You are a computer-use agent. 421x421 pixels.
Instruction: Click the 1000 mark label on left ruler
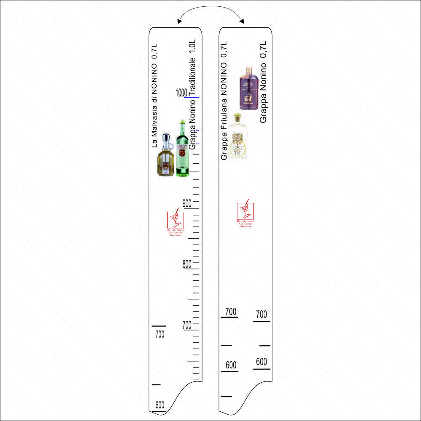181,92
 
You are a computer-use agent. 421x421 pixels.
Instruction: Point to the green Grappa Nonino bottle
181,149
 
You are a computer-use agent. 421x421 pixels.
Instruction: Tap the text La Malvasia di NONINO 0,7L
155,95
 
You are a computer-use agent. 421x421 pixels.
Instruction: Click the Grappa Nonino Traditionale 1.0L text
193,94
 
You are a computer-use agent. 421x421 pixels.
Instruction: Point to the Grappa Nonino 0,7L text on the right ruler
264,82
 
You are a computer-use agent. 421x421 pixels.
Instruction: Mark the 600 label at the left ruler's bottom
160,405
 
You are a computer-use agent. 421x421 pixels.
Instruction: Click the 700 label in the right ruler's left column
231,312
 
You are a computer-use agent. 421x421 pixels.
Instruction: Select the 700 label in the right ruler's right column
261,314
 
